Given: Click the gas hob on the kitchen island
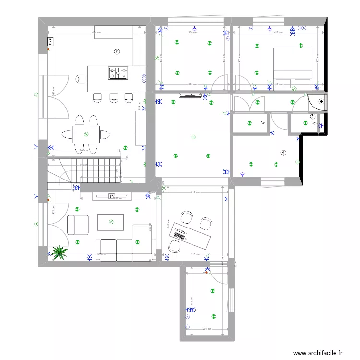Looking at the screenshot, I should click(119, 72).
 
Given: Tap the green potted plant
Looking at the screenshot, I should click(60, 252).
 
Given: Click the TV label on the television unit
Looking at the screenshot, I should click(111, 196).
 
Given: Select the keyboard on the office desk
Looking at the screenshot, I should click(180, 234).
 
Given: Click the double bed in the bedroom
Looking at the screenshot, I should click(293, 68).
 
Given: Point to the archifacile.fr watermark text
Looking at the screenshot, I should click(317, 353).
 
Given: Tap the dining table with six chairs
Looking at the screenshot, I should click(86, 134).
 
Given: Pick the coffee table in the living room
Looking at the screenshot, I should click(110, 222).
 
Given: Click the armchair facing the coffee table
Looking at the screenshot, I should click(78, 225).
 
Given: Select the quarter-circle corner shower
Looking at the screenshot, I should click(318, 102).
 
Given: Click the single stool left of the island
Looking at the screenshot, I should click(80, 78).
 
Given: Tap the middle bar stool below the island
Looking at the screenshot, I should click(114, 97).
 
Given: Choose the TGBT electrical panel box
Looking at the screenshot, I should click(49, 42).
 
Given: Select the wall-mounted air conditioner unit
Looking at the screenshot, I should click(191, 96).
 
